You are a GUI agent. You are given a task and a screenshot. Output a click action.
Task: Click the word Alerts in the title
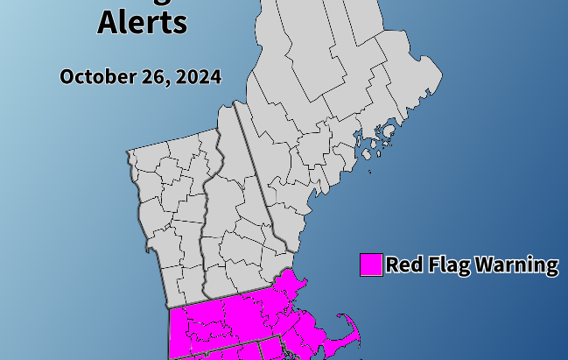[142, 22]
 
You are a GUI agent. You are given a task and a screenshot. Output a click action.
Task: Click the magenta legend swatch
[371, 265]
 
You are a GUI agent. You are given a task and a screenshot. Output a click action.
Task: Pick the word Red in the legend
[404, 265]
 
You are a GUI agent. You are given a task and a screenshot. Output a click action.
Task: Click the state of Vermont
[175, 210]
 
